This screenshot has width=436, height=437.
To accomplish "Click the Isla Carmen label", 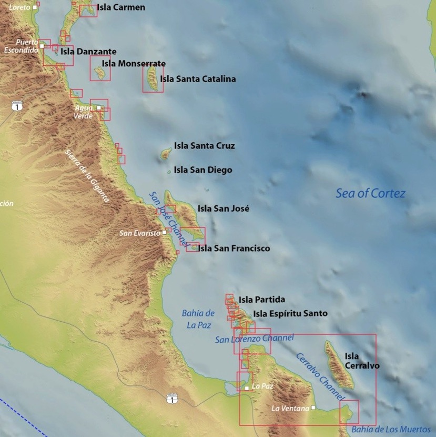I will (121, 7).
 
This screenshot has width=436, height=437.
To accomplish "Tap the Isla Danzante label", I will (88, 52).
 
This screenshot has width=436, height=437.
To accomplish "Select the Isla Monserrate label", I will (134, 64).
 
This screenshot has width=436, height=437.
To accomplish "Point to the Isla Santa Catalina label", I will (198, 79).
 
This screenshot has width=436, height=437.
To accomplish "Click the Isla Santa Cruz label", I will (204, 146).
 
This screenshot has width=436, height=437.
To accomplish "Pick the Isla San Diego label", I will (202, 170).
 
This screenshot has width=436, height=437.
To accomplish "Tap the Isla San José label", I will (224, 208).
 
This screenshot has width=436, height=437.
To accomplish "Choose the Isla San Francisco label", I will (234, 248).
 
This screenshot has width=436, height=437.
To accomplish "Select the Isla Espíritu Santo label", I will (290, 313).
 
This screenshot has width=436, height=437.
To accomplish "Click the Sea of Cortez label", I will (371, 194).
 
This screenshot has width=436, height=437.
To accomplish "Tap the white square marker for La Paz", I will (247, 388).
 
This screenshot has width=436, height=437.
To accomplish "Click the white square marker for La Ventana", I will (313, 408).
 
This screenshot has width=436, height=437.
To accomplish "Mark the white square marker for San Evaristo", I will (165, 232).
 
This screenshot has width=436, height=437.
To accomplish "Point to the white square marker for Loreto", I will (35, 7).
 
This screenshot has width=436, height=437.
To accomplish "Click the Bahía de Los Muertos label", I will (391, 430).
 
